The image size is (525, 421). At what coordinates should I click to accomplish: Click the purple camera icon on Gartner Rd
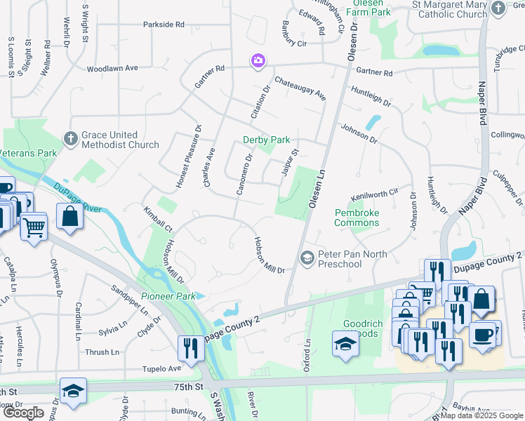(x=258, y=62)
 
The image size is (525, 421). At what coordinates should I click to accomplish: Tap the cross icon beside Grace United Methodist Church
(x=71, y=139)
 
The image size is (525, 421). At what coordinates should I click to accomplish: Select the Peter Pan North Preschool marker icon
(x=307, y=258)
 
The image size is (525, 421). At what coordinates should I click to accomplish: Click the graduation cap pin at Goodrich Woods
(x=344, y=345)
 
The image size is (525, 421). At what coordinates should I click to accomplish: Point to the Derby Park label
(x=266, y=140)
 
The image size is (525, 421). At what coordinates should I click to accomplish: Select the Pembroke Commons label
(x=357, y=218)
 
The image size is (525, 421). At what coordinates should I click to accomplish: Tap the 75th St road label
(x=188, y=386)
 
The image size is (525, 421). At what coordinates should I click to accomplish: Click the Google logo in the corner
(x=23, y=413)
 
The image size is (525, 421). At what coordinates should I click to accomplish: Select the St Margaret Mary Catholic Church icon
(x=498, y=8)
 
